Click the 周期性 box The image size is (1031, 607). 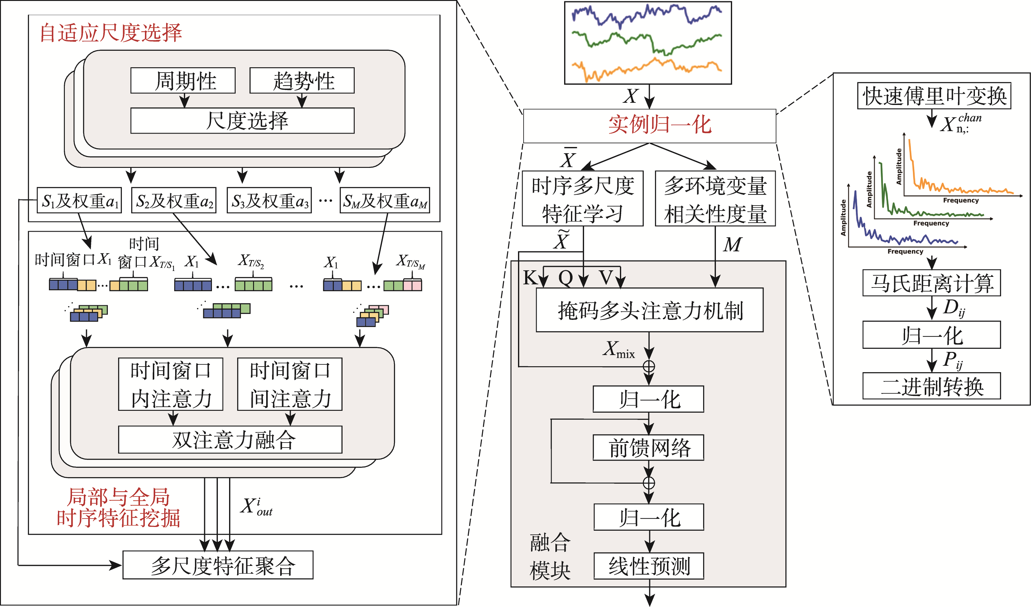click(183, 81)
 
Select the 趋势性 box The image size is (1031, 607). click(302, 81)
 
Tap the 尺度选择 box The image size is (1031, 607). click(242, 121)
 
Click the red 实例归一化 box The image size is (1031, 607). click(650, 126)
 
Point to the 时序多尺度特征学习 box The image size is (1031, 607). click(583, 199)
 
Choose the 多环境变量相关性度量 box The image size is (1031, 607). click(715, 199)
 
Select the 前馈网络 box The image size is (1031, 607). click(648, 448)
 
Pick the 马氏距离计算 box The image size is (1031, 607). click(932, 283)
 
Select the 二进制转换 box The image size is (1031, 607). click(932, 386)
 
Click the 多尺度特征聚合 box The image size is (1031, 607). click(218, 565)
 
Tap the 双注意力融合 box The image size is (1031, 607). click(230, 440)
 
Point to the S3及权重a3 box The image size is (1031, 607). click(269, 201)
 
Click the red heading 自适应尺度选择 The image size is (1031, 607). click(111, 33)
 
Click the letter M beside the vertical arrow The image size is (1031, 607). click(732, 244)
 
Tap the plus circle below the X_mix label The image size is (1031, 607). click(649, 366)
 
